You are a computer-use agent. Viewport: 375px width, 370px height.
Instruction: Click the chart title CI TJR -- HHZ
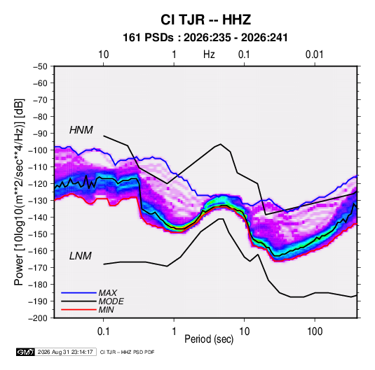[x=205, y=20]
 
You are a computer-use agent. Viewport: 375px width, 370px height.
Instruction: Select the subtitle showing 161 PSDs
[x=205, y=38]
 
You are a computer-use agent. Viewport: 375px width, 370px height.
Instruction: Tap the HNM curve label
[x=81, y=130]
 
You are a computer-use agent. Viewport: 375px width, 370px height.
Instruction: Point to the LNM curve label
[x=81, y=256]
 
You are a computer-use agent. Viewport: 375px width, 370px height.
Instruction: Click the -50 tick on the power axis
[x=40, y=66]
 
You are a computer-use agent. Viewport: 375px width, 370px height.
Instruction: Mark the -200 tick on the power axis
[x=39, y=318]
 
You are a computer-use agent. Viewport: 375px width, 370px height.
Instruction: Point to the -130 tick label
[x=39, y=201]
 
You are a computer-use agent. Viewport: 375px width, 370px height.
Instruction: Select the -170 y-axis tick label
[x=39, y=268]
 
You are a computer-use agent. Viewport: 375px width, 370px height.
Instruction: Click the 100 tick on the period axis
[x=315, y=332]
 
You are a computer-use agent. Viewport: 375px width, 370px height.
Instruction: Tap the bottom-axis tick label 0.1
[x=103, y=332]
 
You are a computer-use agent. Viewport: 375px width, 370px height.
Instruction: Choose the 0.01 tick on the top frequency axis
[x=315, y=55]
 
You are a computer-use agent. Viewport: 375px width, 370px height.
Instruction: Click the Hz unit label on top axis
[x=209, y=55]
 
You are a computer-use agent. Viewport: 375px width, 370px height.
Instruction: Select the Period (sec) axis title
[x=209, y=339]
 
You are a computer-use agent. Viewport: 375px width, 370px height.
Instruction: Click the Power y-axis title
[x=19, y=192]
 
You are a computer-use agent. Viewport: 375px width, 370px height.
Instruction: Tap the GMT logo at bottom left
[x=25, y=352]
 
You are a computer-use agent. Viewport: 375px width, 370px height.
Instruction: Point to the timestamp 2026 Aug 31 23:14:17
[x=65, y=352]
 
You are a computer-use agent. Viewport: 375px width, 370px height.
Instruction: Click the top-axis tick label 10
[x=104, y=55]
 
